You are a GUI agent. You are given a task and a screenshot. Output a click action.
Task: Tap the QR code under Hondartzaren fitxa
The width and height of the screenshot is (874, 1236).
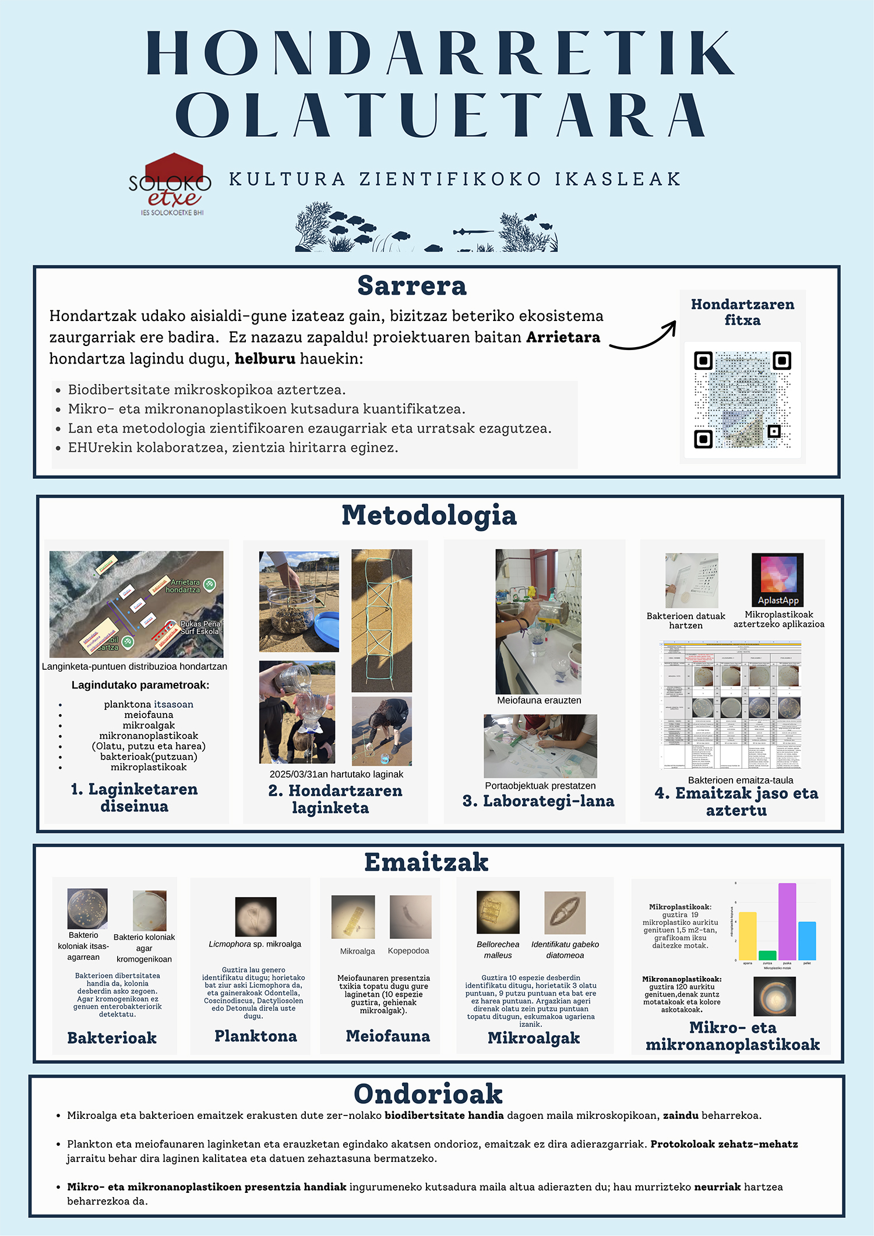coord(742,400)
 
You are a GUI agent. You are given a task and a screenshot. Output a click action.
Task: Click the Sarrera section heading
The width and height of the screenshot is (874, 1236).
coord(412,286)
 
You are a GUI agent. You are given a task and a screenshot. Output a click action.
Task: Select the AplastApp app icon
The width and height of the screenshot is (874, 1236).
coord(777,580)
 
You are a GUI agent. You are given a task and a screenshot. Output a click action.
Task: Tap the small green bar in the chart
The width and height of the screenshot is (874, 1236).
coord(767,955)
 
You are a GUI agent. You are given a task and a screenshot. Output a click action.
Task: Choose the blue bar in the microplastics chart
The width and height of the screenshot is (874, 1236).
coord(807,941)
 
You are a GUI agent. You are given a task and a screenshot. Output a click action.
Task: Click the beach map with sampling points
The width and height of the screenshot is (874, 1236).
coord(136,604)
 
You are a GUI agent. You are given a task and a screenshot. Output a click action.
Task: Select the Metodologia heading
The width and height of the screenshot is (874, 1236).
coord(429,515)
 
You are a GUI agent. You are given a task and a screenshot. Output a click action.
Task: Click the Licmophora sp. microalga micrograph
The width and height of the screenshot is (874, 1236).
coord(256,917)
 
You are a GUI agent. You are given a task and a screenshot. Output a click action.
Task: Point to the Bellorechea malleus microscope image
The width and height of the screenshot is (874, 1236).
coord(498,912)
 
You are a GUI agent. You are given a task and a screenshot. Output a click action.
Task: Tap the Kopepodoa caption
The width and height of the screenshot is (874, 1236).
coord(408,951)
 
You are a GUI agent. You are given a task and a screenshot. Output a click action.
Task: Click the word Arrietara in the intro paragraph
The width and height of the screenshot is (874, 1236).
coord(563,337)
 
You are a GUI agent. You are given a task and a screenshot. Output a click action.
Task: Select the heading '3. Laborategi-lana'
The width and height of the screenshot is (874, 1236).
coord(538,801)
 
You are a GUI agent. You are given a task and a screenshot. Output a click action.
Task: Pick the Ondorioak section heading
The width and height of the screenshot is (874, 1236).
coord(428,1094)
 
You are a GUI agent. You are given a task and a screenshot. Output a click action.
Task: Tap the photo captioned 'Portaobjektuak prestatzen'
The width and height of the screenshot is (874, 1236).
coord(540,746)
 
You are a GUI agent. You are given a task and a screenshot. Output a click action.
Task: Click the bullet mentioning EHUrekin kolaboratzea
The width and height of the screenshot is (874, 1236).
coord(233,447)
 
